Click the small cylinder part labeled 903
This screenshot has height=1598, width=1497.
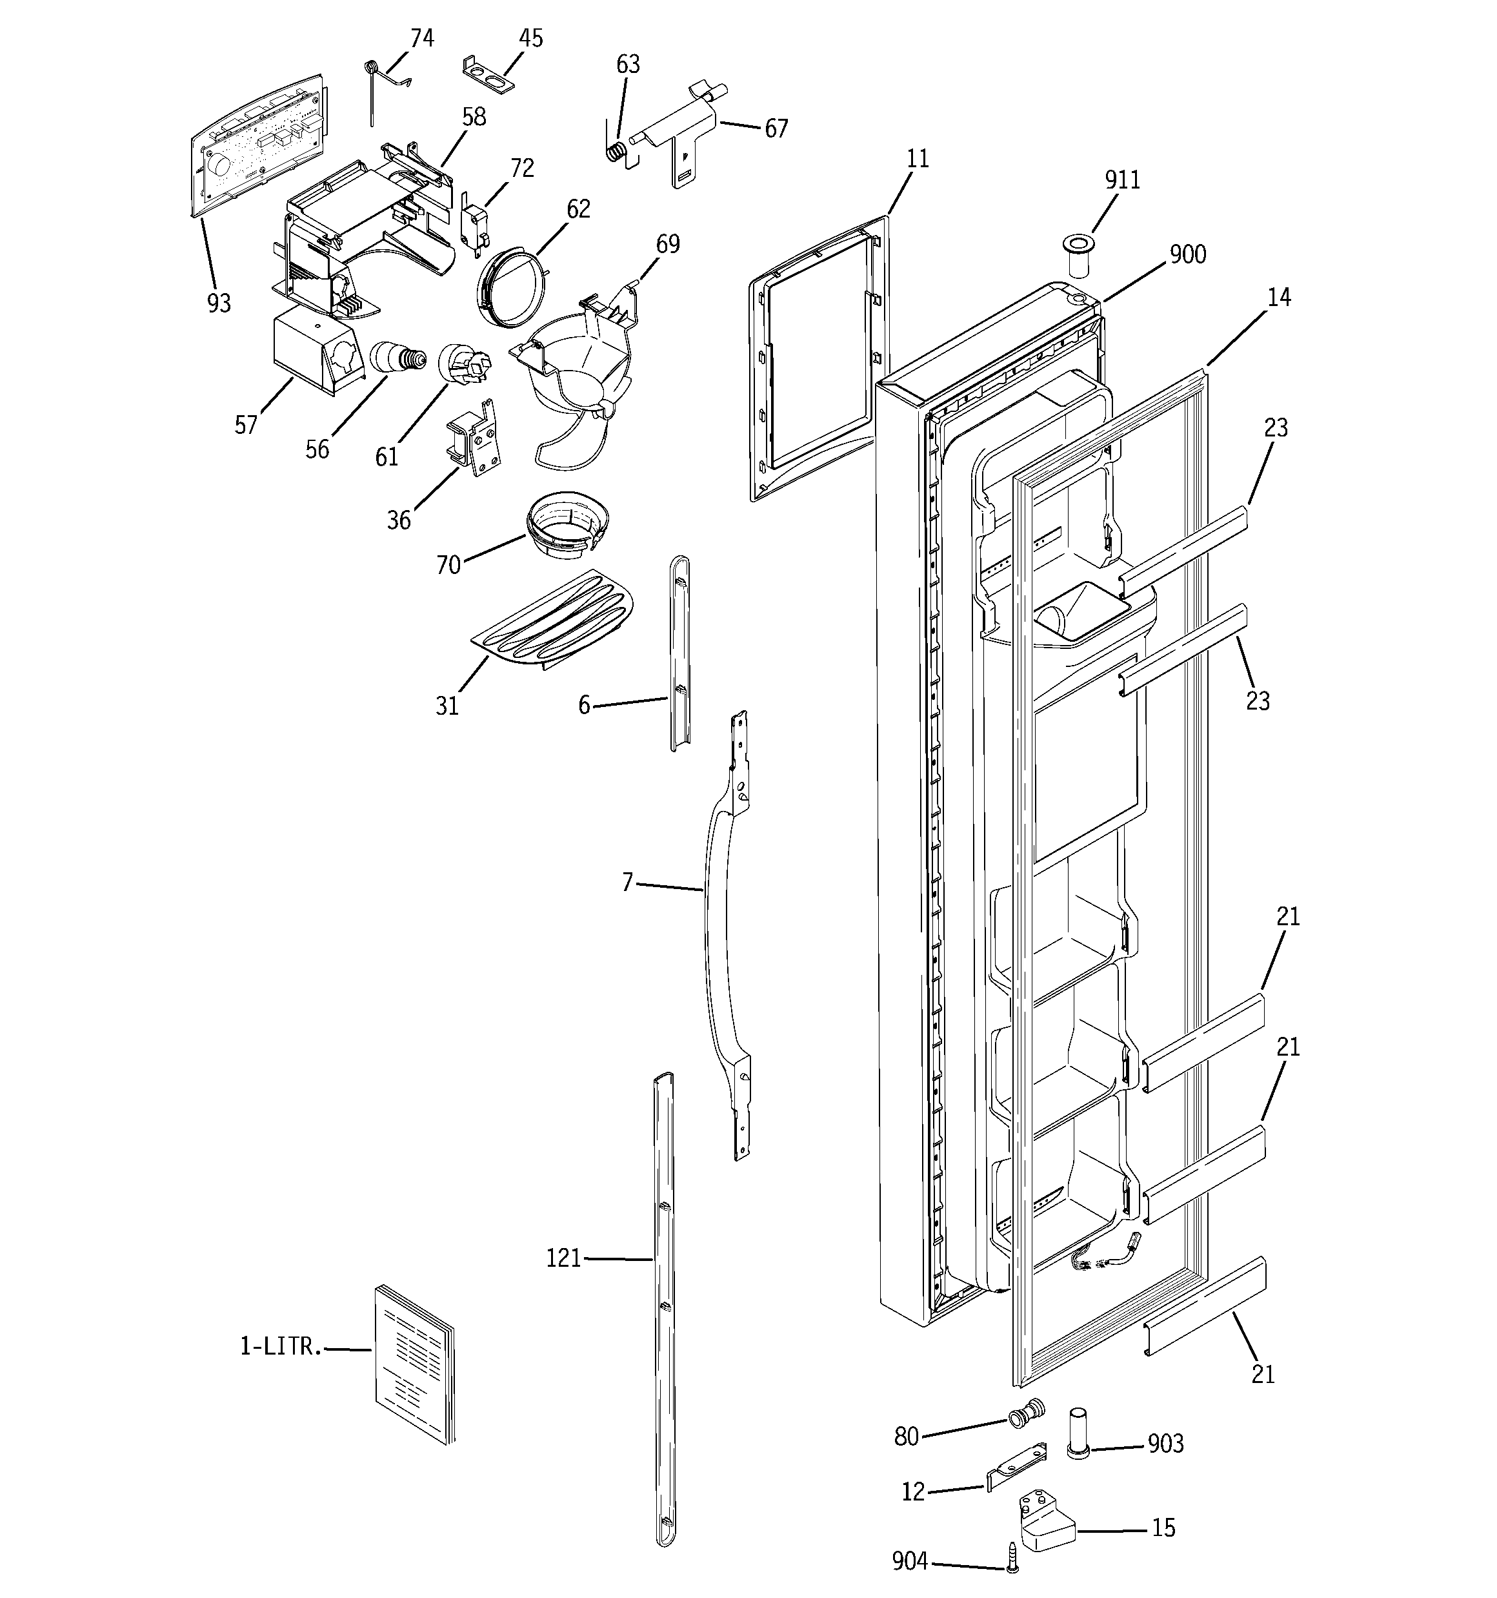[x=1078, y=1431]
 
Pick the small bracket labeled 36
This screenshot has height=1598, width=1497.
[x=474, y=439]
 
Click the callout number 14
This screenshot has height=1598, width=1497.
[x=1278, y=298]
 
